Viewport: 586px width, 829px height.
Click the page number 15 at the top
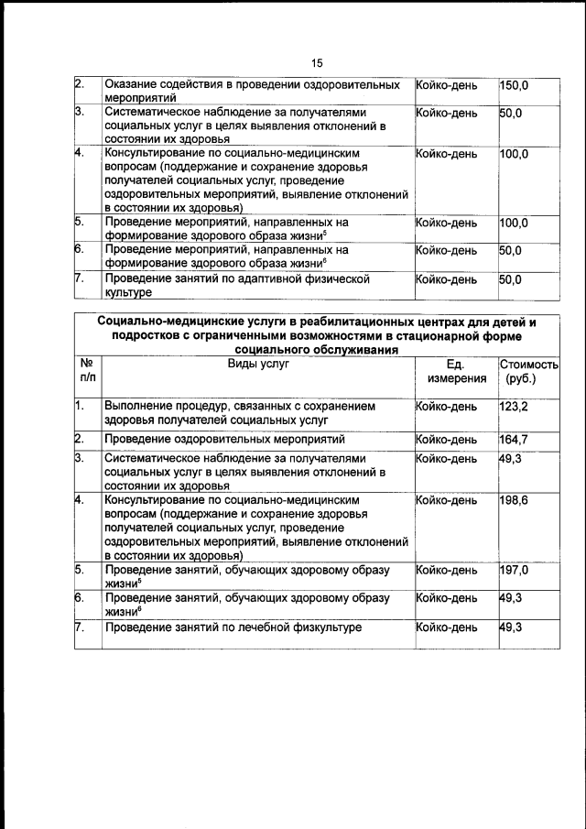(316, 63)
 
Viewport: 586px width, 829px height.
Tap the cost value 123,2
(514, 405)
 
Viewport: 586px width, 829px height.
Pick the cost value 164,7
(514, 439)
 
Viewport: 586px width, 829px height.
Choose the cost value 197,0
(514, 570)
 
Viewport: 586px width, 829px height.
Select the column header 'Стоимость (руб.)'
(528, 371)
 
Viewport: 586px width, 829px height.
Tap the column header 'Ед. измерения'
(455, 371)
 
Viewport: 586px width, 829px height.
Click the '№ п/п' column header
(88, 371)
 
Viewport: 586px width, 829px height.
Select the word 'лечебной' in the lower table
(259, 627)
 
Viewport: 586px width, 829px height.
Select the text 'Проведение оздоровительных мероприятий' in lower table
(231, 439)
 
